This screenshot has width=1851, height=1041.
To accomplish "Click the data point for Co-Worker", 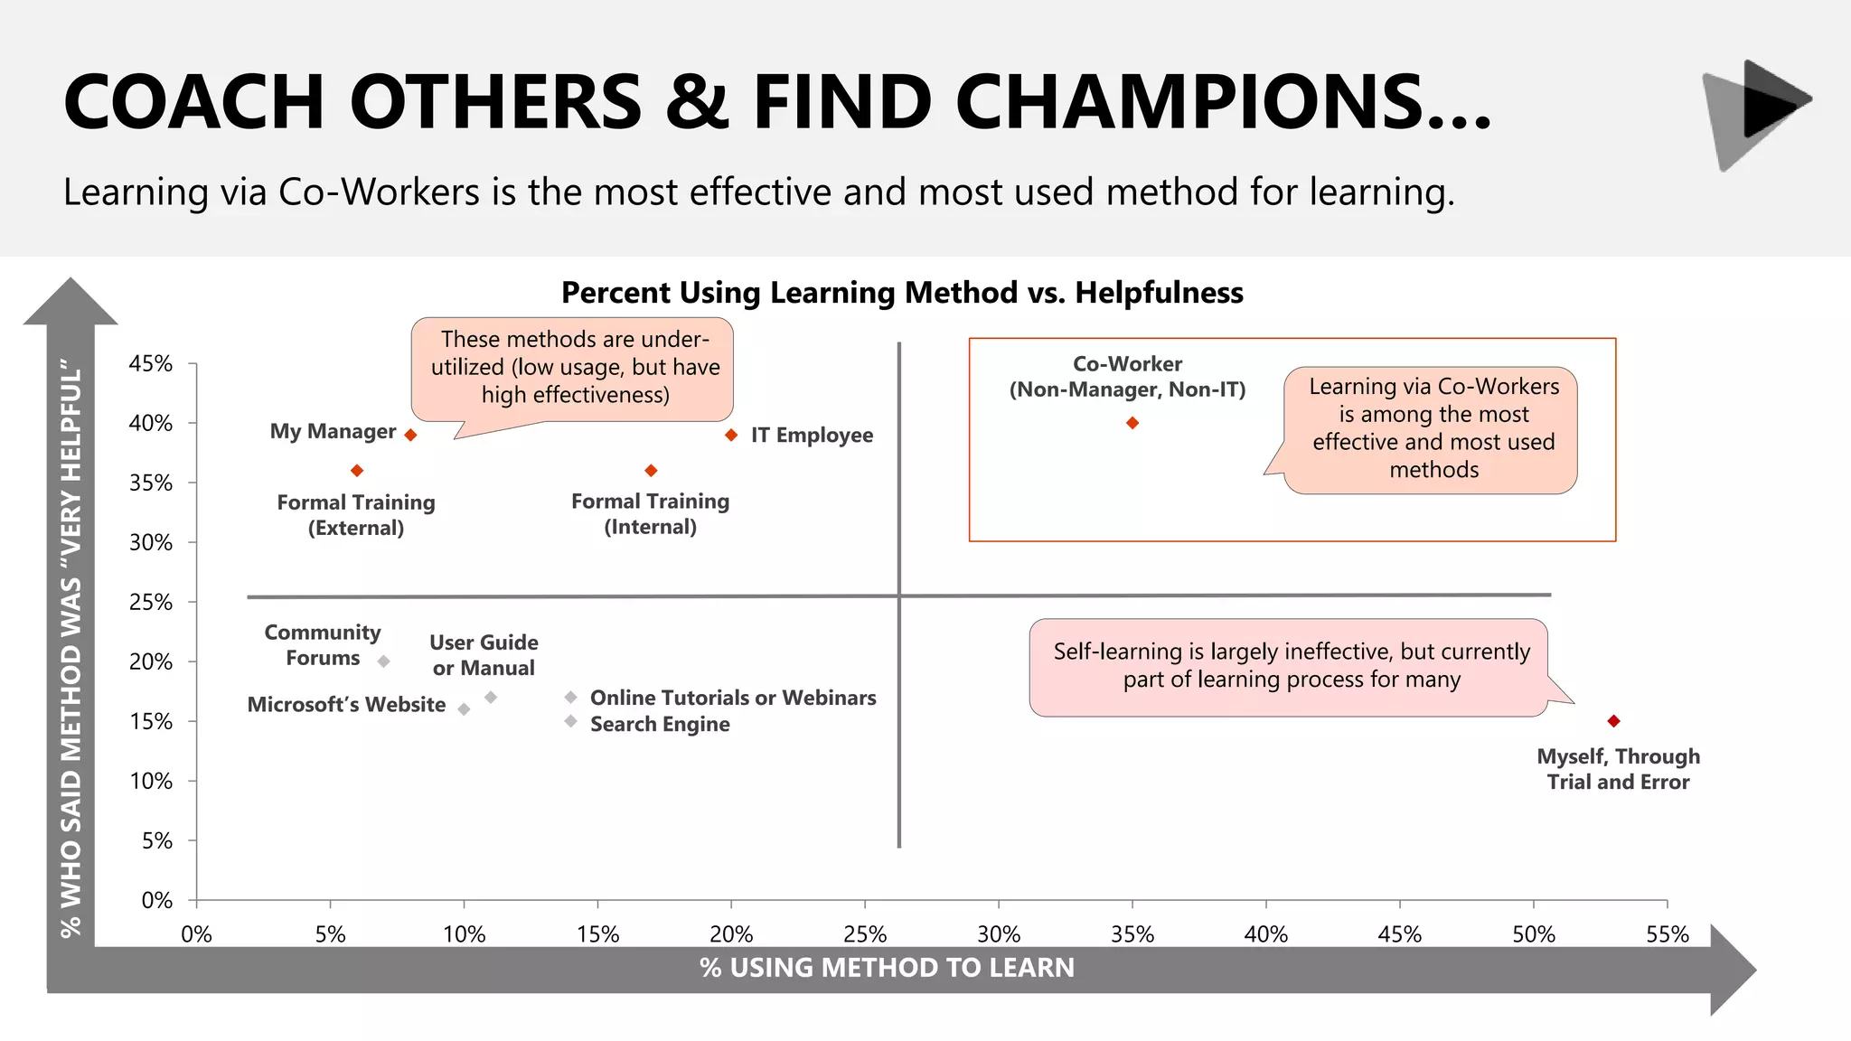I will [1132, 423].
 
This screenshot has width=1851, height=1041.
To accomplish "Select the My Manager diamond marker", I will [410, 435].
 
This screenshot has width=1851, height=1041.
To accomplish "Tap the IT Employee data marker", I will [731, 435].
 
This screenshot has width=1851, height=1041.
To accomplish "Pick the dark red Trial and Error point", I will [1613, 721].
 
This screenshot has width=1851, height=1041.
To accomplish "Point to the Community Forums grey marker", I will [383, 661].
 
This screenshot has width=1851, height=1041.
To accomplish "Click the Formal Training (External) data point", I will [357, 471].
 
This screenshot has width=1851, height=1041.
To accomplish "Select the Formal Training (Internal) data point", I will [651, 471].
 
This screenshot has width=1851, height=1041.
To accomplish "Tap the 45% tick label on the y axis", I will [151, 363].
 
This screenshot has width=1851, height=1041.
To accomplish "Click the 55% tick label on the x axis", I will [1667, 934].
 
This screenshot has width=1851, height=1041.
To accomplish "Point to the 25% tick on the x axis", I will [865, 934].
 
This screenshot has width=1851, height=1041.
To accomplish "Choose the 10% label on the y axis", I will [151, 781].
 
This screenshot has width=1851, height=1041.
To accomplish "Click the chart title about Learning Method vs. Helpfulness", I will [902, 293].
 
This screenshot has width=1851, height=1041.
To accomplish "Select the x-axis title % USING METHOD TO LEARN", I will [887, 968].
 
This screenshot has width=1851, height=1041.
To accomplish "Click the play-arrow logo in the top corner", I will [1757, 114].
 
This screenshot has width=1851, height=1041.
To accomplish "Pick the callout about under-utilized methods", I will [573, 368].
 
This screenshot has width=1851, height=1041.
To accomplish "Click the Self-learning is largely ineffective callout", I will [1291, 666].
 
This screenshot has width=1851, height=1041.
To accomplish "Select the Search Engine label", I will [660, 724].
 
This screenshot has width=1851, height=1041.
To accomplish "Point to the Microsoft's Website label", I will [346, 705].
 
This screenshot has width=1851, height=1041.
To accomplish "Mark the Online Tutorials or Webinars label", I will [733, 698].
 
